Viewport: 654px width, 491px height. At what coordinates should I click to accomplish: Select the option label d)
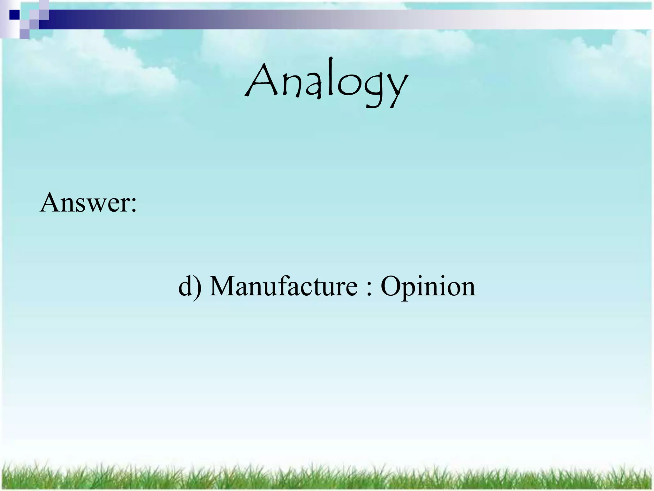click(x=190, y=285)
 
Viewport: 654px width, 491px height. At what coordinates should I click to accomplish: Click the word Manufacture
click(x=283, y=285)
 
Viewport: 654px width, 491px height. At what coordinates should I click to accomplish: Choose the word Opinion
click(x=428, y=287)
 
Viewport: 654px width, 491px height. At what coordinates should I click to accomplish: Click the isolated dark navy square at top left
click(x=14, y=15)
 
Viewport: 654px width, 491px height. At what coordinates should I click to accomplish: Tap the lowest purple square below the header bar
click(x=24, y=34)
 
